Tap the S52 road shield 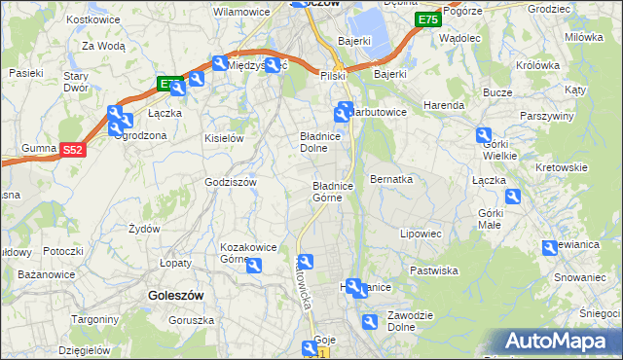tap(73, 150)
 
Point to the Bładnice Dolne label tap(319, 143)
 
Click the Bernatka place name tap(392, 180)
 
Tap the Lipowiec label tap(421, 234)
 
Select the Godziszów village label tap(231, 182)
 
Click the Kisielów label tap(223, 138)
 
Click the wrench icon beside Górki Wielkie tap(484, 135)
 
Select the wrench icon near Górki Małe tap(513, 197)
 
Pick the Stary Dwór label tap(76, 81)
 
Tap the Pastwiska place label tap(434, 270)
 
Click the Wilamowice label tap(241, 13)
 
